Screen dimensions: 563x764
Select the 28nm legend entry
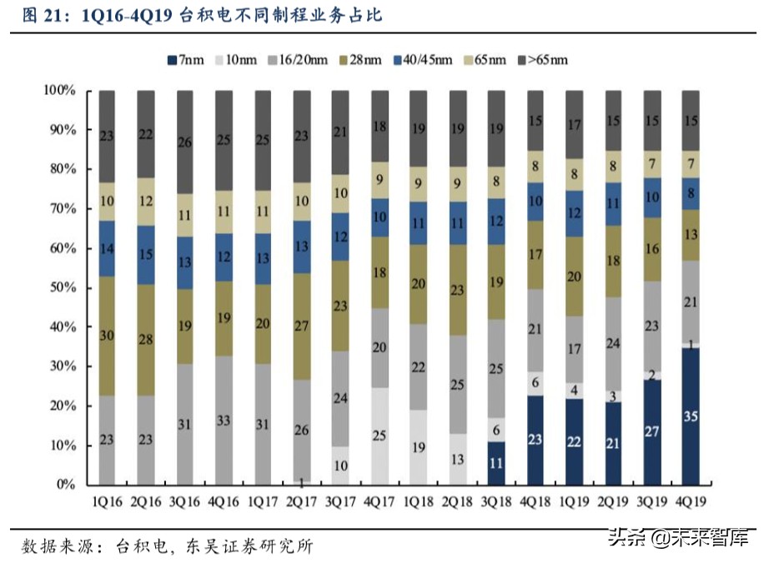click(x=363, y=60)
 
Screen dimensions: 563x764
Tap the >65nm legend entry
click(x=547, y=60)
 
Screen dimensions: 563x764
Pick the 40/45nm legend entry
click(x=425, y=60)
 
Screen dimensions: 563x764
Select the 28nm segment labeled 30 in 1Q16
click(x=107, y=336)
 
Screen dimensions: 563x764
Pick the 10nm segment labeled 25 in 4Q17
click(x=379, y=436)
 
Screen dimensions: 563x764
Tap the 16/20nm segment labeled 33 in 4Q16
click(x=224, y=421)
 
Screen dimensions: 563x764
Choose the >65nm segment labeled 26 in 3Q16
click(x=184, y=142)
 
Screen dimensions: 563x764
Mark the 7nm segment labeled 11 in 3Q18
click(x=496, y=463)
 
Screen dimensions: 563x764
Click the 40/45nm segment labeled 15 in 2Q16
click(x=146, y=255)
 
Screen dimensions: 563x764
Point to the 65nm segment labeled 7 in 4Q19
click(x=691, y=164)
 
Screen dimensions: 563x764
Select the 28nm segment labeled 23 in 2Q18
click(x=457, y=291)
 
